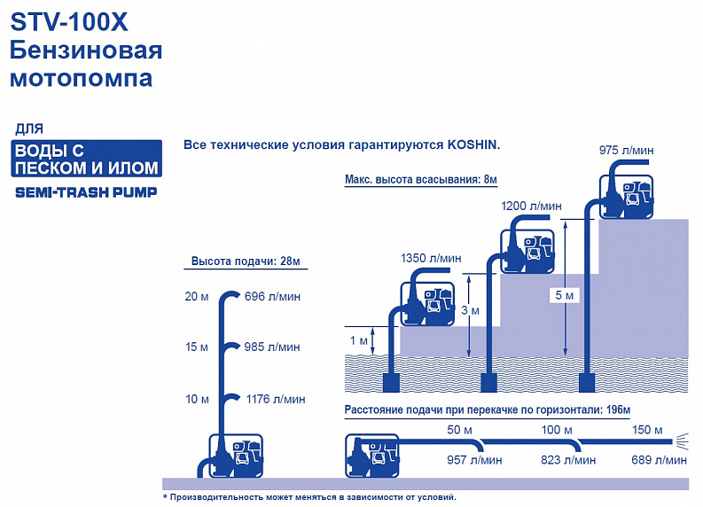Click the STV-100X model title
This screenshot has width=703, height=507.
tap(69, 22)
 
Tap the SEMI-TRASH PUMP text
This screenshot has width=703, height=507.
tap(86, 192)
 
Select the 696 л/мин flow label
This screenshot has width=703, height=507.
tap(272, 297)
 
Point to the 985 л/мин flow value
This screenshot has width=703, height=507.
tap(272, 347)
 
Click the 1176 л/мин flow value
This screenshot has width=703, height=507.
tap(276, 399)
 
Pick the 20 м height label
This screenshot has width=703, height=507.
tap(197, 297)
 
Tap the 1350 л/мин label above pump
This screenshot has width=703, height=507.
tap(431, 258)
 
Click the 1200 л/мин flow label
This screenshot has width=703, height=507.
tap(531, 207)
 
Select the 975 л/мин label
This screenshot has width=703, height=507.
tap(627, 151)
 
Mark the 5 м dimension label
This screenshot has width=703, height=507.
tap(565, 295)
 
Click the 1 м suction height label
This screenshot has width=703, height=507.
tap(359, 340)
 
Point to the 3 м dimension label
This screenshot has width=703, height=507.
tap(471, 310)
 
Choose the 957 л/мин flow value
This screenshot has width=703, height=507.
tap(474, 460)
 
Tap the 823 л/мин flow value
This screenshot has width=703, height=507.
tap(568, 460)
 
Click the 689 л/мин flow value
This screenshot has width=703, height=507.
tap(659, 460)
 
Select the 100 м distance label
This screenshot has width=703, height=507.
tap(557, 430)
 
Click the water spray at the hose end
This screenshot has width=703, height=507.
tap(682, 441)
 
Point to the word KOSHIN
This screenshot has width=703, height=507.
tap(473, 145)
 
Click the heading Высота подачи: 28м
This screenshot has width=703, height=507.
tap(246, 261)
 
